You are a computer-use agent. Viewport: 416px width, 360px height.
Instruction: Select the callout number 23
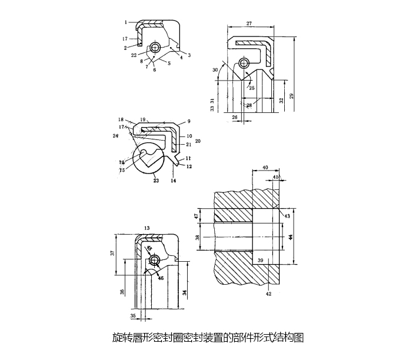(x=155, y=181)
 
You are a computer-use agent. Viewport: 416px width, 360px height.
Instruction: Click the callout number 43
(x=287, y=216)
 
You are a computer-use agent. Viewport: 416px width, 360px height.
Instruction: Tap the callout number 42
(x=268, y=294)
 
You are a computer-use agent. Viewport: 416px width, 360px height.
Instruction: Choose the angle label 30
(x=215, y=69)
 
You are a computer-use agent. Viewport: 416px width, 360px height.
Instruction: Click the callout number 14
(x=174, y=181)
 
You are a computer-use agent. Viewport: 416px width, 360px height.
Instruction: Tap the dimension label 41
(x=276, y=176)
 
